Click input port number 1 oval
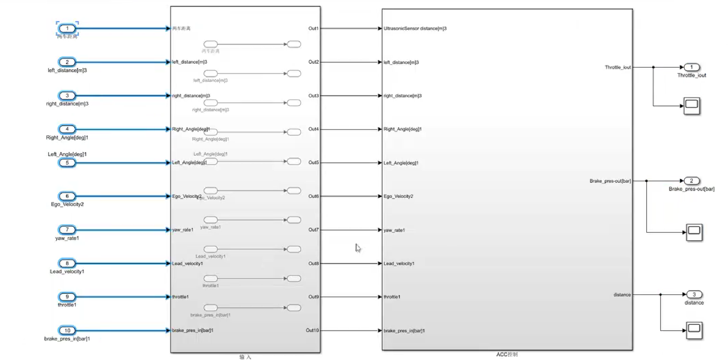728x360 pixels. [x=67, y=29]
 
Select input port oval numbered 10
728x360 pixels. [x=67, y=331]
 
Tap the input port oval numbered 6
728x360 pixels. [x=67, y=196]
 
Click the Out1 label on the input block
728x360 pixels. [x=313, y=28]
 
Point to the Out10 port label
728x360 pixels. [x=312, y=330]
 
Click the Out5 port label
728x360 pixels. [x=313, y=162]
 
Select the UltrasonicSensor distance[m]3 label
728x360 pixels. [x=415, y=29]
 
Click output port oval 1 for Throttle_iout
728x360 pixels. [x=692, y=67]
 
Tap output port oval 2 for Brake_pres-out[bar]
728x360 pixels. [x=692, y=181]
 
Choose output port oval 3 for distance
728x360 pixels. [x=694, y=294]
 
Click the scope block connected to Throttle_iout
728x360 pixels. [x=692, y=106]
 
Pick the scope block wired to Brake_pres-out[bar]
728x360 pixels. [x=694, y=232]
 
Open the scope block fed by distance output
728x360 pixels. [x=694, y=330]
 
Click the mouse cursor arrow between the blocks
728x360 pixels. [x=358, y=248]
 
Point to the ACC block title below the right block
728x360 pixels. [x=507, y=355]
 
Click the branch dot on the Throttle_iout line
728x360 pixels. [x=653, y=67]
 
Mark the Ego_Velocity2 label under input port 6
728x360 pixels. [x=67, y=204]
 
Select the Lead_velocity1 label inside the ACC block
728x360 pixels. [x=399, y=263]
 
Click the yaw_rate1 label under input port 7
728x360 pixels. [x=67, y=238]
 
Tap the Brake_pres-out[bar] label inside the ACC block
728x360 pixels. [x=610, y=181]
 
